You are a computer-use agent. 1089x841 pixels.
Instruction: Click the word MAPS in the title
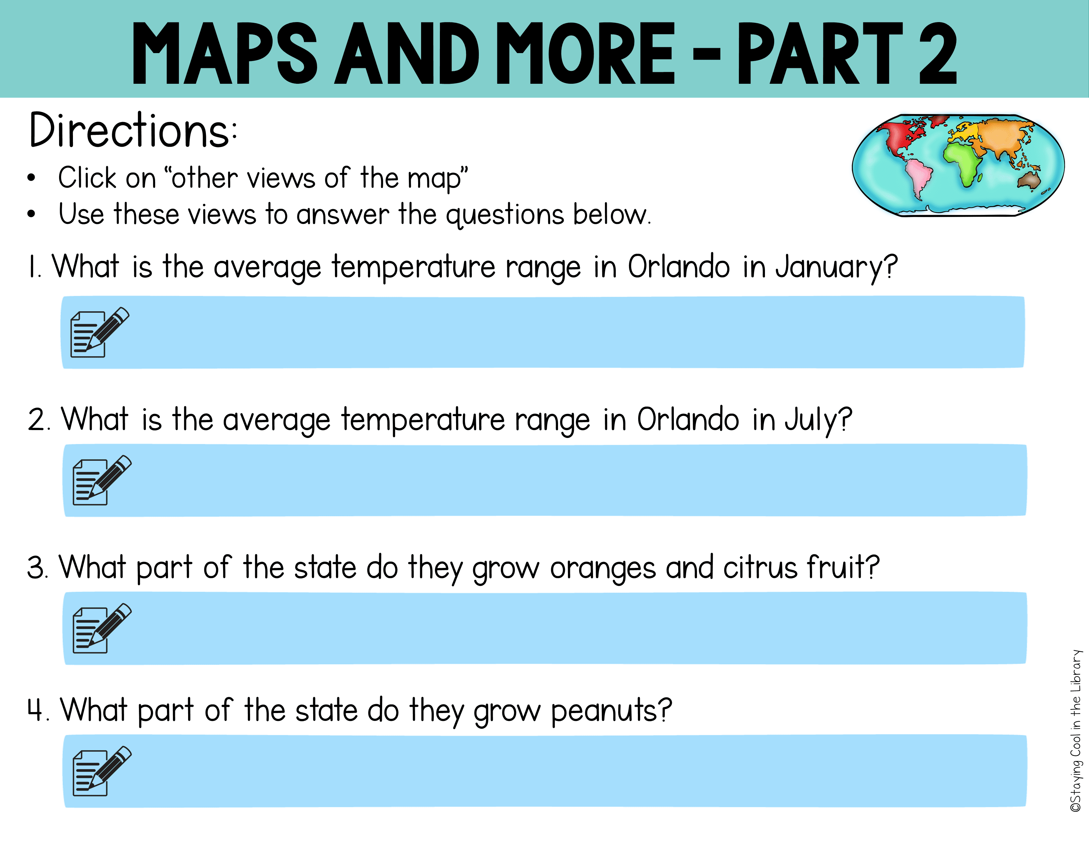point(225,53)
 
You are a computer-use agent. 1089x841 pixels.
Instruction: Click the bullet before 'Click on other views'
point(31,178)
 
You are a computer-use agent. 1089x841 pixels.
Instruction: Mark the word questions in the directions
point(505,216)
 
